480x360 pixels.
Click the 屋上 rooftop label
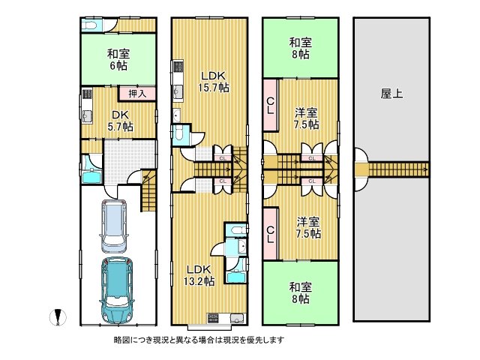[391, 94]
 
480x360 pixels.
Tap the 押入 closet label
[136, 94]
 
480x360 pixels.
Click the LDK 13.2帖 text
[199, 274]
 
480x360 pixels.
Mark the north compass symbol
[55, 317]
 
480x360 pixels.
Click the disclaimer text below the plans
[199, 340]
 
